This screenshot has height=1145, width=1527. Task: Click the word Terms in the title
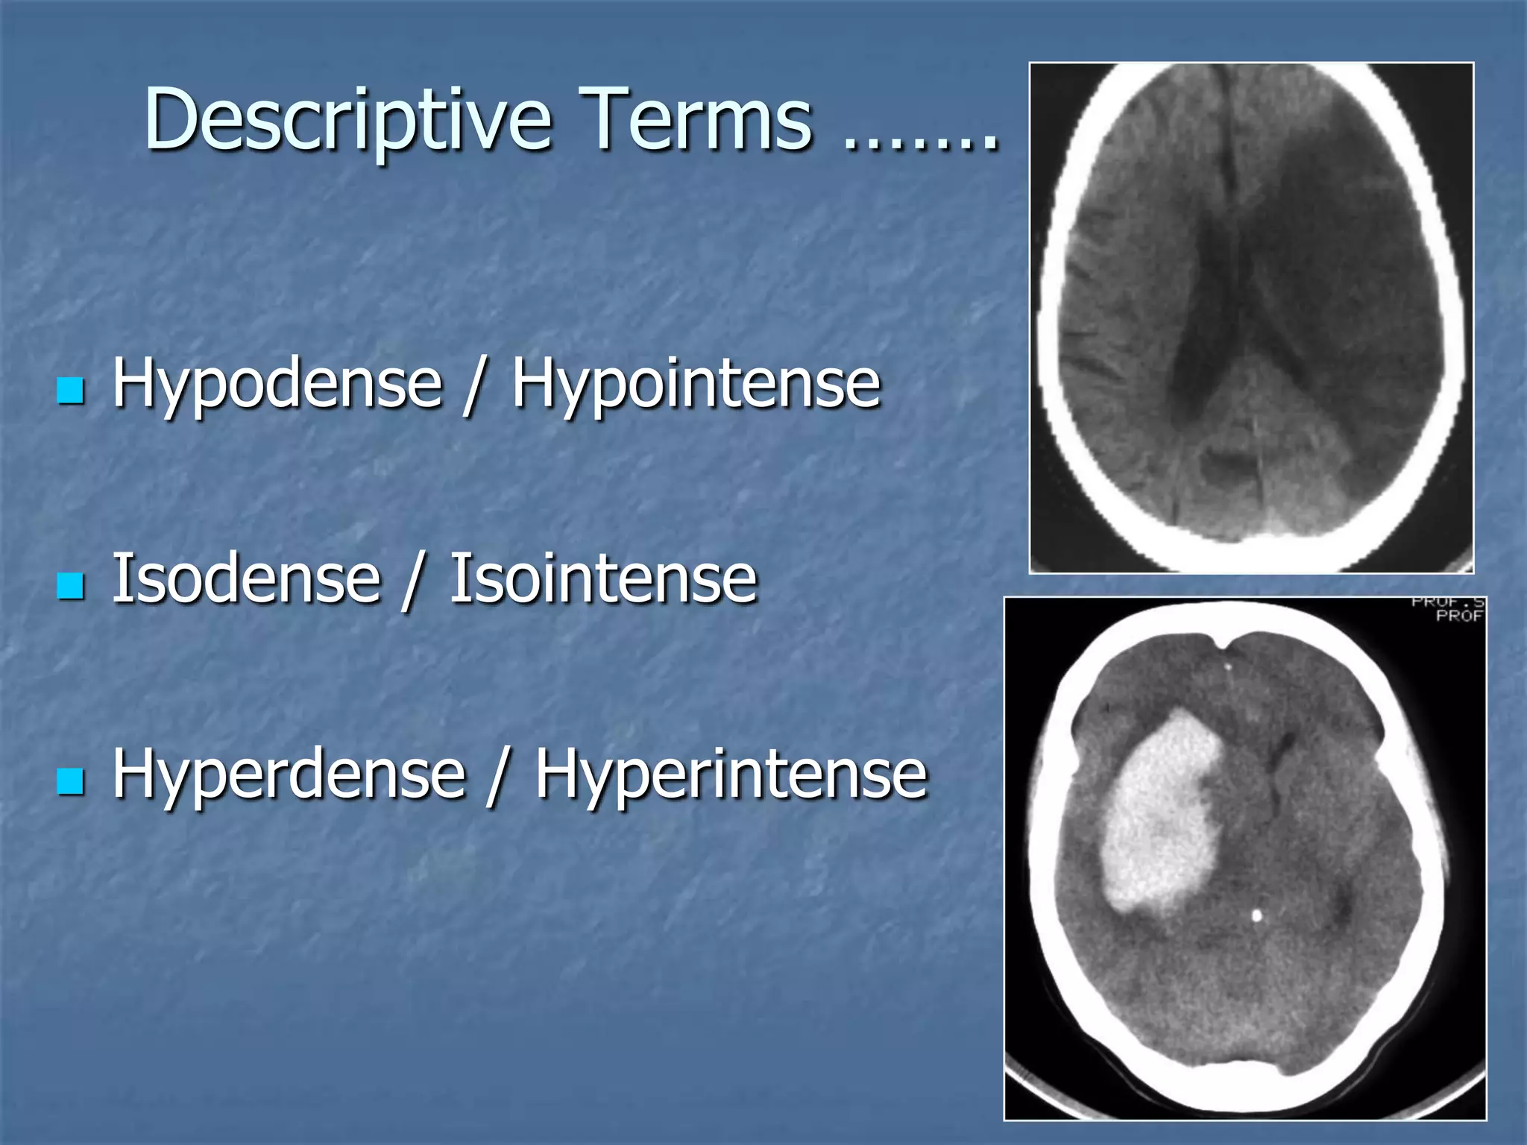coord(696,119)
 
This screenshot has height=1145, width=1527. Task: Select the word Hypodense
coord(277,384)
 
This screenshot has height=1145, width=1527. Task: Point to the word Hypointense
coord(696,384)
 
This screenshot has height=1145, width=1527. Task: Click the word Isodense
coord(246,579)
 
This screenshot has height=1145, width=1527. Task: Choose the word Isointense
coord(602,579)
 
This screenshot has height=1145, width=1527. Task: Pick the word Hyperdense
coord(289,775)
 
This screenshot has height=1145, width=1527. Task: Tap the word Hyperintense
coord(731,775)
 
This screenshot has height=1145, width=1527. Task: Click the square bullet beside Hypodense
coord(71,390)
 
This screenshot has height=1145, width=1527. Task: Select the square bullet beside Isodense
coord(71,586)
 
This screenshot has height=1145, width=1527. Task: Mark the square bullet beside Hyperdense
coord(71,781)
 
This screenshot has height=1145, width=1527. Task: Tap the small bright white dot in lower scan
coord(1257,915)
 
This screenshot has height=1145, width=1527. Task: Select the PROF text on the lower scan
coord(1459,616)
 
